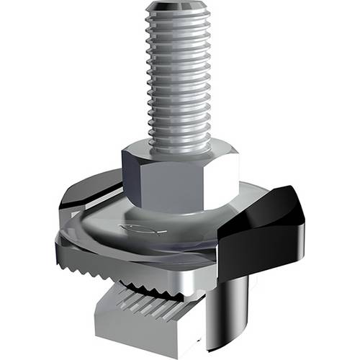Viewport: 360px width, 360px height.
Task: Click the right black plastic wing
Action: coord(263,230)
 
